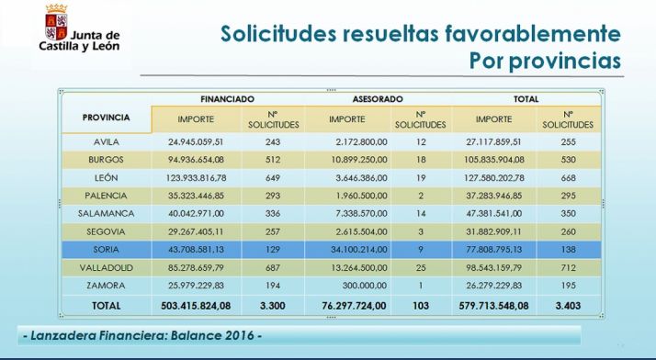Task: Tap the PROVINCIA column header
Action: (x=107, y=118)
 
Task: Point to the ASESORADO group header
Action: (x=379, y=98)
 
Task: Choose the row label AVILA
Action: (x=107, y=142)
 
